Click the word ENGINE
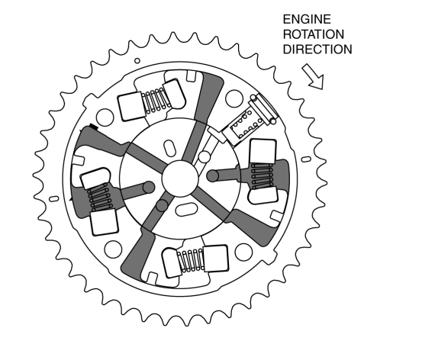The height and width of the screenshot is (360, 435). click(x=307, y=19)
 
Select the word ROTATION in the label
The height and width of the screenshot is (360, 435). click(x=314, y=34)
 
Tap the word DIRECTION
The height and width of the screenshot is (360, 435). click(x=317, y=50)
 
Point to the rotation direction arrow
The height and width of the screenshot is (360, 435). click(x=314, y=76)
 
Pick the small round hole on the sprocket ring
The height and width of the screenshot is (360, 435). click(x=137, y=61)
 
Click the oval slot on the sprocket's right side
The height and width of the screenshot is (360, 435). click(x=306, y=159)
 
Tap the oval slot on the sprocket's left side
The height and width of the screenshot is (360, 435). click(x=54, y=199)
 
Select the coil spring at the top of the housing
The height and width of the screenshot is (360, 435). click(x=156, y=100)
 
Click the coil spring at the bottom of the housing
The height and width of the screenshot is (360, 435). click(x=191, y=260)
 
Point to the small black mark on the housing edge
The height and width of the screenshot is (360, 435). click(x=94, y=127)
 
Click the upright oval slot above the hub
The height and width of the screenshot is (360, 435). click(x=169, y=148)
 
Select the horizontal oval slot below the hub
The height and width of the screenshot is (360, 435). click(x=186, y=210)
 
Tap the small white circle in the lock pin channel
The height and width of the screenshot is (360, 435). click(x=205, y=157)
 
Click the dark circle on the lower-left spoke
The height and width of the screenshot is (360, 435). click(x=162, y=205)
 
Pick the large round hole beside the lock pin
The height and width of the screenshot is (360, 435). click(x=234, y=98)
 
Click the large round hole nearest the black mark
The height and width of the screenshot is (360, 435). click(x=105, y=117)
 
